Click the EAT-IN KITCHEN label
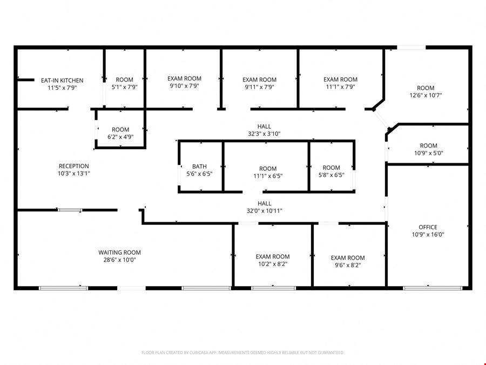(x=62, y=81)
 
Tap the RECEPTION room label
(x=74, y=166)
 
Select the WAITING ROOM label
(x=120, y=253)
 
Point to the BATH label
(x=199, y=167)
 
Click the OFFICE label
(x=428, y=227)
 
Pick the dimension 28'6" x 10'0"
(x=120, y=260)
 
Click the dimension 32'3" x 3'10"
(x=264, y=134)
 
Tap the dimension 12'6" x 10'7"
(x=426, y=95)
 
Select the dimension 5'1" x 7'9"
(x=125, y=87)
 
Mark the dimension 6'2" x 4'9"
(x=120, y=137)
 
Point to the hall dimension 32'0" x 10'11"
(x=265, y=211)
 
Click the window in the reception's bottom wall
(x=70, y=210)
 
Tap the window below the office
(x=433, y=288)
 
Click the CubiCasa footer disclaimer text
(x=242, y=353)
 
